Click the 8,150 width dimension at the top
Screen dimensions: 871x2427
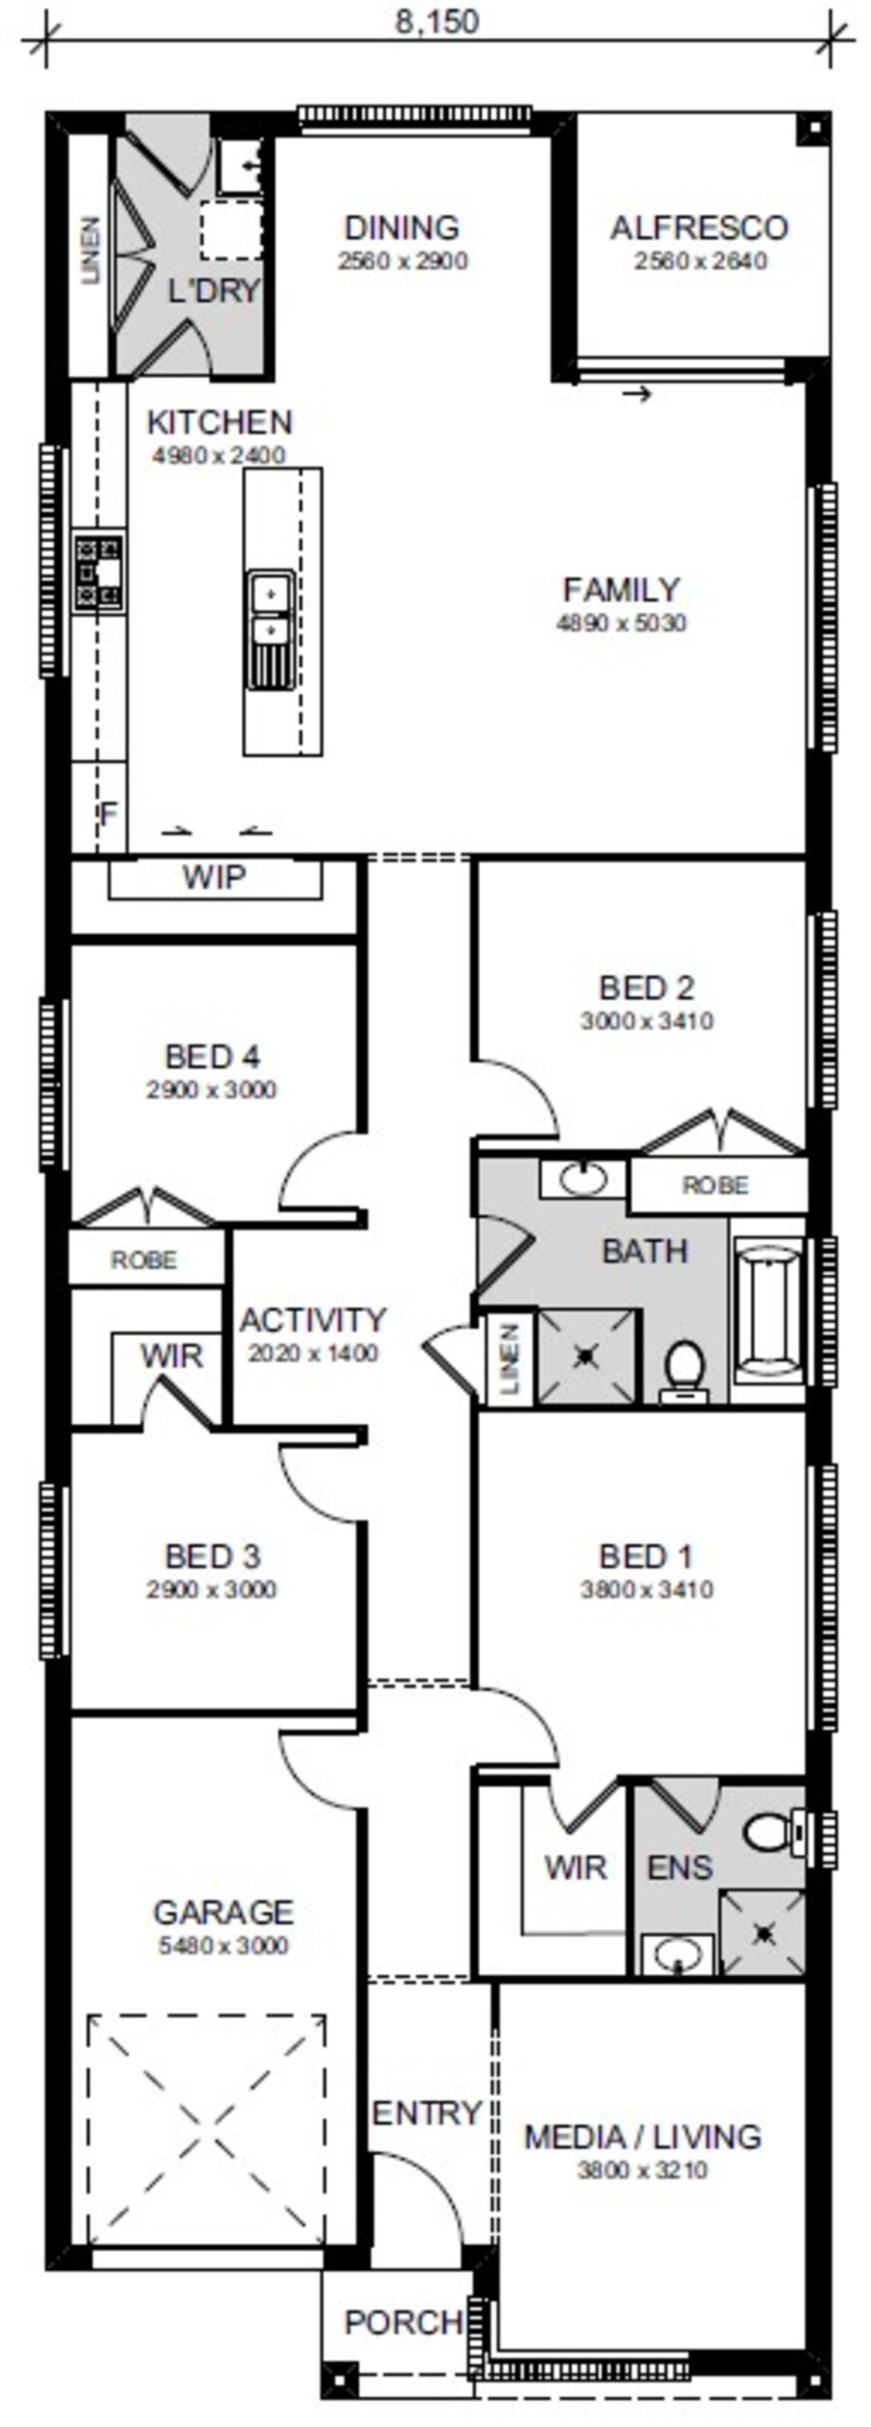point(436,22)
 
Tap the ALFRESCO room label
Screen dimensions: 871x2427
point(699,228)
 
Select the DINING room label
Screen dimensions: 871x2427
point(402,228)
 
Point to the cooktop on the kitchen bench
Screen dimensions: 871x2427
point(100,573)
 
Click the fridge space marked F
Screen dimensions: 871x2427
point(108,813)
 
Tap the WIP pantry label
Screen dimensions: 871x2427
point(214,877)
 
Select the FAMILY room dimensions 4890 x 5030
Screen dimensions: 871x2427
point(621,622)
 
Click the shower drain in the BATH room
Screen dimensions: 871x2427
point(585,1356)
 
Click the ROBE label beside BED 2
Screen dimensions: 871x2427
point(715,1186)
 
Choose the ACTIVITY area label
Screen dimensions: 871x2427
point(313,1320)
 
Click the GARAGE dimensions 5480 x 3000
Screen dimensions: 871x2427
point(224,1946)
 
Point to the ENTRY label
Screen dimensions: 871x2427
point(427,2112)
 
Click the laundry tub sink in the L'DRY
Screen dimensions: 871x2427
point(241,166)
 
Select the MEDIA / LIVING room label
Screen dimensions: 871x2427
point(643,2137)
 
